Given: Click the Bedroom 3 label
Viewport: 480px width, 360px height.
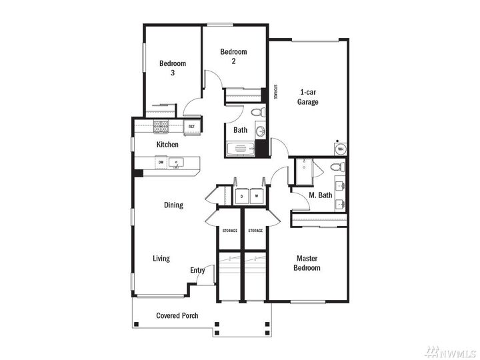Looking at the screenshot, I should pyautogui.click(x=172, y=68).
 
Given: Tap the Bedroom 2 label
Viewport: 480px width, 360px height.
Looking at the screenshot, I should pyautogui.click(x=233, y=56).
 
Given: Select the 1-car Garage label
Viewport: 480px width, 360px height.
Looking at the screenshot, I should pyautogui.click(x=308, y=97).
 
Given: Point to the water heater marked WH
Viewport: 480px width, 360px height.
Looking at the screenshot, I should pyautogui.click(x=340, y=149).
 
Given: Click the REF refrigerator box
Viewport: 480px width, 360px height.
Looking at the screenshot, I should pyautogui.click(x=191, y=126).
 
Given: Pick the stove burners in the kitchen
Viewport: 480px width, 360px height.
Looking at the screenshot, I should pyautogui.click(x=161, y=125).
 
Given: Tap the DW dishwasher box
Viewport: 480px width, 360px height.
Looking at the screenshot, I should pyautogui.click(x=161, y=161).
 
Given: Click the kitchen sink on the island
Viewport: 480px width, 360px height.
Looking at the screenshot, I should pyautogui.click(x=177, y=162).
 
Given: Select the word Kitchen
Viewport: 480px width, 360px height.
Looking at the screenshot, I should pyautogui.click(x=167, y=145).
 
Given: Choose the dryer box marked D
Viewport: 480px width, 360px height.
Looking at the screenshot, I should pyautogui.click(x=241, y=196).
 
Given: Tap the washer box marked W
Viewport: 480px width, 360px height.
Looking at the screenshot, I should pyautogui.click(x=255, y=196).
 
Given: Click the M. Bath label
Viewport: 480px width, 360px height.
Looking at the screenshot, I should pyautogui.click(x=320, y=195).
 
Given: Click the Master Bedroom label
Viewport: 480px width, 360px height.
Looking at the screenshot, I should pyautogui.click(x=307, y=263).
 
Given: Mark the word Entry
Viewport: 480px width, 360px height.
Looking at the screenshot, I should pyautogui.click(x=197, y=270).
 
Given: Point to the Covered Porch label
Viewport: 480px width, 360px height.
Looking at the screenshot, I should pyautogui.click(x=177, y=315).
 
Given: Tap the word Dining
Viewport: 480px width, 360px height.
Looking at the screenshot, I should pyautogui.click(x=173, y=205).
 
